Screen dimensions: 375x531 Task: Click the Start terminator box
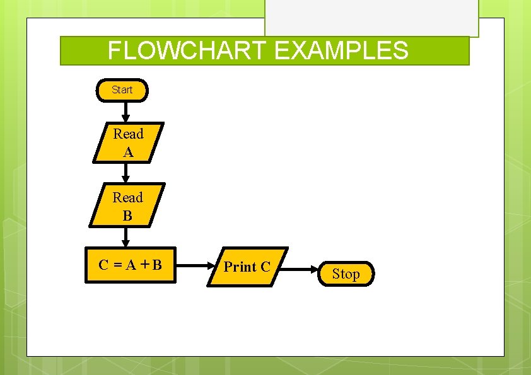(x=122, y=90)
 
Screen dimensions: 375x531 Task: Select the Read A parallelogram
(x=128, y=142)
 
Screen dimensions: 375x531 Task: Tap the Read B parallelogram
(x=127, y=205)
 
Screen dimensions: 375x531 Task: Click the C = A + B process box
(x=130, y=265)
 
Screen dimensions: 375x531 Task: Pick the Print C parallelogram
(x=247, y=267)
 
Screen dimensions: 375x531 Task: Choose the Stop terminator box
(x=346, y=274)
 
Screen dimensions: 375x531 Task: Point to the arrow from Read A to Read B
(x=126, y=173)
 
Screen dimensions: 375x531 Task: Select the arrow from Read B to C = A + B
(x=126, y=236)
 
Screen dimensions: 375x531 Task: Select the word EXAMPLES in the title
(x=341, y=50)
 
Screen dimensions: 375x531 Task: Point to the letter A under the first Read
(x=128, y=152)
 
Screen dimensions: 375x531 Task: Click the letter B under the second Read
(x=127, y=216)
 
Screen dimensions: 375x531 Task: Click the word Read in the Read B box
(x=127, y=197)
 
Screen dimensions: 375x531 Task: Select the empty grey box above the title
(x=371, y=18)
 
